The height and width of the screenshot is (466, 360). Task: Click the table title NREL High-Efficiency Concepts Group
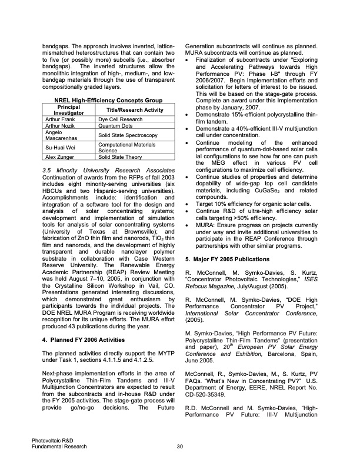pos(108,100)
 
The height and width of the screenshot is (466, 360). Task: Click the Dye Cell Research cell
pos(120,119)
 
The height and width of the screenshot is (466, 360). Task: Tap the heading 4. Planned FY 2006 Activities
pos(82,339)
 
